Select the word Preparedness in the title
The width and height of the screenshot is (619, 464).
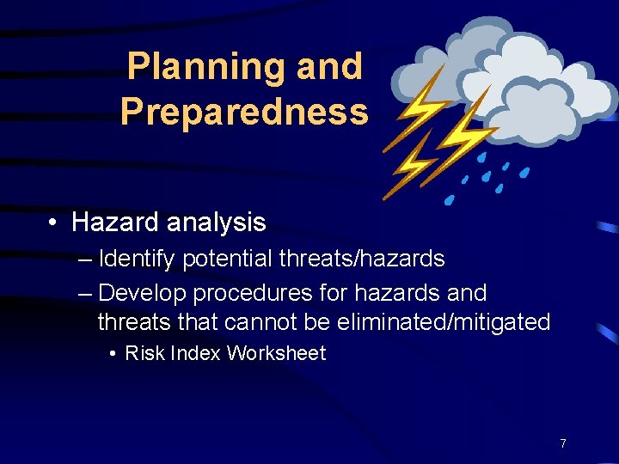point(244,113)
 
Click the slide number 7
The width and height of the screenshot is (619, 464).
point(562,443)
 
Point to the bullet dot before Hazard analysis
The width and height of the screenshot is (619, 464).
point(53,223)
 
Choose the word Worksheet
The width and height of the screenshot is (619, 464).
point(276,353)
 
